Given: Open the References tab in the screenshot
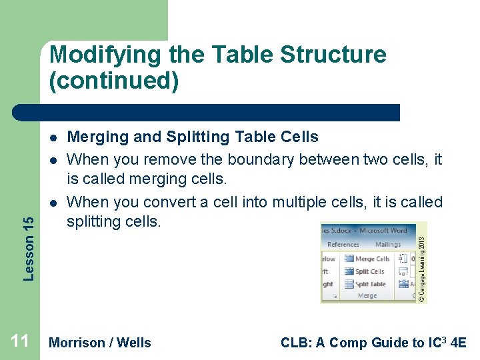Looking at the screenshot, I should tap(343, 245).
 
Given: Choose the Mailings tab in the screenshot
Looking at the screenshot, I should tap(387, 245).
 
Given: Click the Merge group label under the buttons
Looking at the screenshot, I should tap(367, 296).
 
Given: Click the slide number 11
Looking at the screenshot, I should tap(20, 342).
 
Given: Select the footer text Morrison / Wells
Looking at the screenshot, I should tap(100, 343).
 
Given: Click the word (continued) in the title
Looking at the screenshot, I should tap(113, 81).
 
